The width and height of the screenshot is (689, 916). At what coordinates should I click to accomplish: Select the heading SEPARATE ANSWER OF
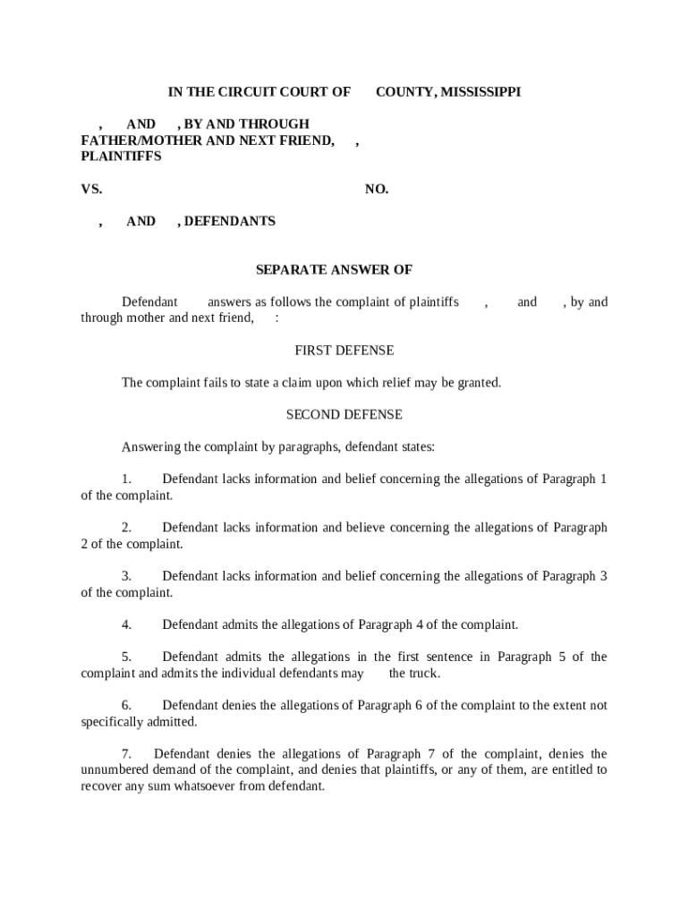click(x=334, y=270)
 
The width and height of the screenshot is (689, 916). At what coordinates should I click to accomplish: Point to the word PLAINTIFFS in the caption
click(x=121, y=157)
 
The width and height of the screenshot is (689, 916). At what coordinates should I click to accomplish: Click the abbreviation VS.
click(x=91, y=190)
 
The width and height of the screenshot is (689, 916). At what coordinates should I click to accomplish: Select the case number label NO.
click(x=377, y=190)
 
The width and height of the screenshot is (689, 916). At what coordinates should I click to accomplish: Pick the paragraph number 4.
click(x=127, y=624)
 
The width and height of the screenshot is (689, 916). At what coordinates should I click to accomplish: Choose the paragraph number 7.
click(x=127, y=754)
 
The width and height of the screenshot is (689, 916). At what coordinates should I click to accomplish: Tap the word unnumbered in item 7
click(x=115, y=770)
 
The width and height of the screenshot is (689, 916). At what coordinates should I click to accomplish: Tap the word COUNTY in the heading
click(x=404, y=92)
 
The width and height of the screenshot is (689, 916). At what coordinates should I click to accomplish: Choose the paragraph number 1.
click(x=127, y=479)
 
